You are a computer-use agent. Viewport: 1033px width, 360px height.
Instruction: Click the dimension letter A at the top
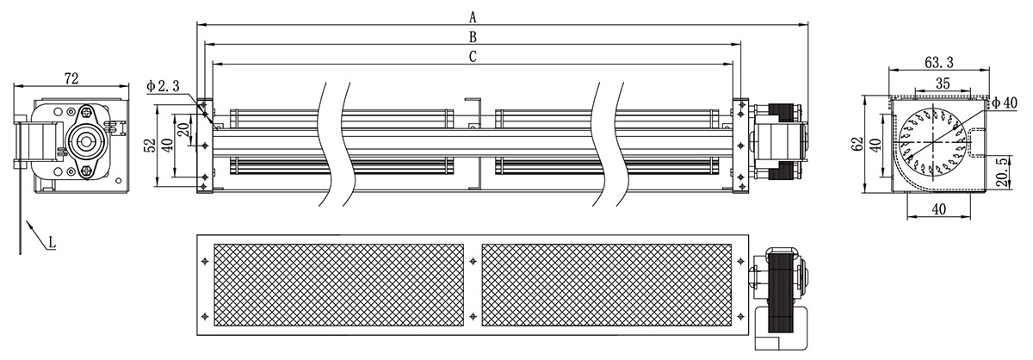coord(473,17)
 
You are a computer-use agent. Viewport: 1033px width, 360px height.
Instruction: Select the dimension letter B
coord(473,37)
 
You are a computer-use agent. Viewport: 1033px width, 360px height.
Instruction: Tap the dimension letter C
coord(473,57)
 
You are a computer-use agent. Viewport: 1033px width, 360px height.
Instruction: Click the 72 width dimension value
coord(71,79)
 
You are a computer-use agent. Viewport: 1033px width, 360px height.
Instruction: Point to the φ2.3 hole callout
coord(163,85)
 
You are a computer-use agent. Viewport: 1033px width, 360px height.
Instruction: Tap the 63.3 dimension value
coord(939,61)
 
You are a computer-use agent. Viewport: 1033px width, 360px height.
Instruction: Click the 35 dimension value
coord(943,83)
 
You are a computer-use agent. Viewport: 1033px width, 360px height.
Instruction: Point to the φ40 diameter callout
coord(1005,102)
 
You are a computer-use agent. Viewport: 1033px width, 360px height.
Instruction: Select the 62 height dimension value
coord(857,144)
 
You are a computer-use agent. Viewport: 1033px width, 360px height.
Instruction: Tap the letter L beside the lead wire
coord(52,242)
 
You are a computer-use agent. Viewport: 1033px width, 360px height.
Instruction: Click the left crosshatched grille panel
coord(338,285)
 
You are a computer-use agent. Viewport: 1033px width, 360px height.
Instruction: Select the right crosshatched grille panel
coord(606,285)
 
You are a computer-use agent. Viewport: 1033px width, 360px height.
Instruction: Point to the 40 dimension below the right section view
coord(939,209)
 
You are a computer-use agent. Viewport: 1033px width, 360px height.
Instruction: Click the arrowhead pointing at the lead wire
coord(29,226)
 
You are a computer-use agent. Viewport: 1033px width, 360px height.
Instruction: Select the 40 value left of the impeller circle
coord(876,144)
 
